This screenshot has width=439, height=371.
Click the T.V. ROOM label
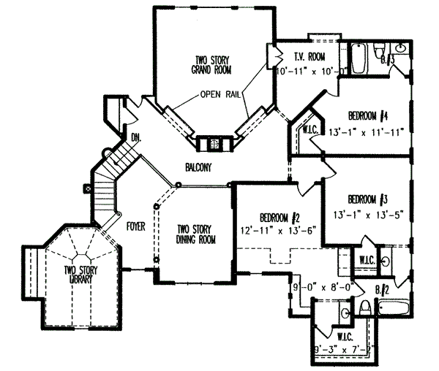(309, 58)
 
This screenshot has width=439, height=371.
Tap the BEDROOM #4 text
(372, 115)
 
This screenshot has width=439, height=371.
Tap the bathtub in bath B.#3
(359, 59)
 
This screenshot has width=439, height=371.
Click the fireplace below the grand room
(214, 143)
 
